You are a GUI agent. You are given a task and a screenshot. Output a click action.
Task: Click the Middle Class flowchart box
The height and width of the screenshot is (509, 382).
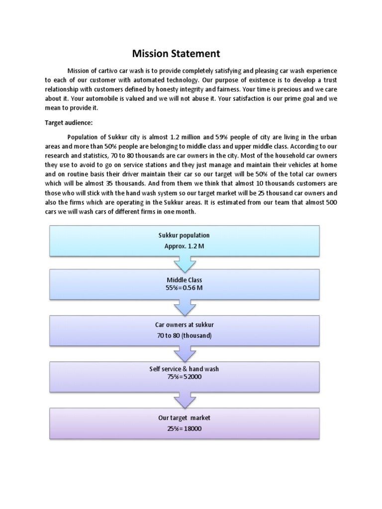184,284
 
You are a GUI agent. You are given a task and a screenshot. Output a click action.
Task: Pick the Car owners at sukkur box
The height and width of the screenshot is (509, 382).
184,330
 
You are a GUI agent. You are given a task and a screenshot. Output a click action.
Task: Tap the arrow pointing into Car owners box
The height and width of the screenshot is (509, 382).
184,309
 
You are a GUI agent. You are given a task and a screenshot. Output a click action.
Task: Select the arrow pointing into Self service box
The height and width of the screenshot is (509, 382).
184,354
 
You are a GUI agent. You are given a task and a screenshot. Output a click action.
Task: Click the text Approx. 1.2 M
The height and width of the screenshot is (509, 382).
184,246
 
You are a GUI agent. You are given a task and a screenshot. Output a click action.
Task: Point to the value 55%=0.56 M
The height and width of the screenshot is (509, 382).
184,288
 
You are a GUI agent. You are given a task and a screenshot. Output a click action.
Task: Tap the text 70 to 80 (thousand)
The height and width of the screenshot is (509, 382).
184,336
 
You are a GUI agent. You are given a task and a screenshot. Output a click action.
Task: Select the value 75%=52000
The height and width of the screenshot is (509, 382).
184,377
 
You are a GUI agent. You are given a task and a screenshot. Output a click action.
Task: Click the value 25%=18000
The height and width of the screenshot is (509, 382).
184,428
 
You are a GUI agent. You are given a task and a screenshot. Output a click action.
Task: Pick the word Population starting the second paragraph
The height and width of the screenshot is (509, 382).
84,137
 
